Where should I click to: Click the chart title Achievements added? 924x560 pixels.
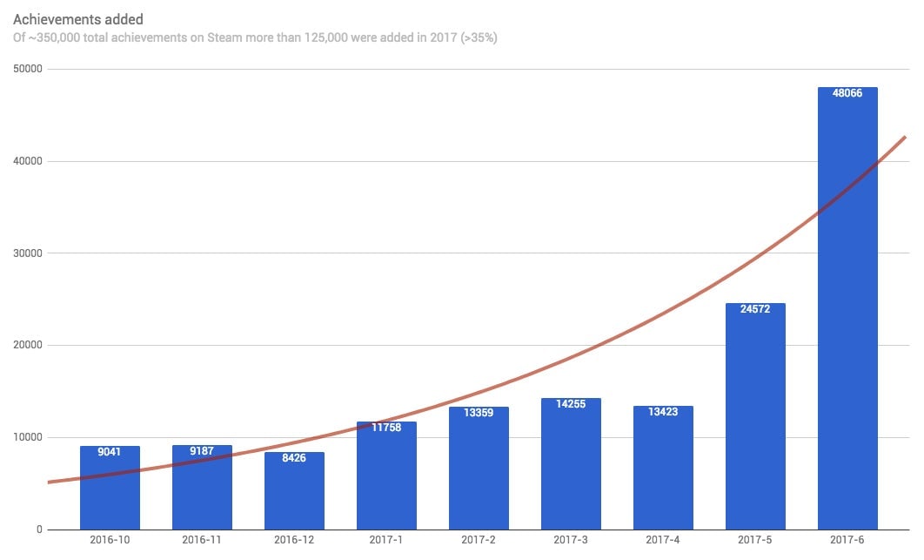[78, 19]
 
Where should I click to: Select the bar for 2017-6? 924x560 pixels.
[847, 314]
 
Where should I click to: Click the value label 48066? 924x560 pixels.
[847, 93]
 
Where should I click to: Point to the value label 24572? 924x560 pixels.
[755, 309]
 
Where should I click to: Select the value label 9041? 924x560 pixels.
[110, 452]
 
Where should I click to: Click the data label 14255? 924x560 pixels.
[571, 404]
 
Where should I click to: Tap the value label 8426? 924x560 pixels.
[294, 458]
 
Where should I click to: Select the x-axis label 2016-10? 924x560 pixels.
[110, 541]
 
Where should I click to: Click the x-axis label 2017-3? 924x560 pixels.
[571, 541]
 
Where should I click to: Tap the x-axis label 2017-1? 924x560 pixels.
[386, 541]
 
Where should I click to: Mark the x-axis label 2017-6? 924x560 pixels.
[847, 541]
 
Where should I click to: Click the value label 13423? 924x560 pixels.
[663, 412]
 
